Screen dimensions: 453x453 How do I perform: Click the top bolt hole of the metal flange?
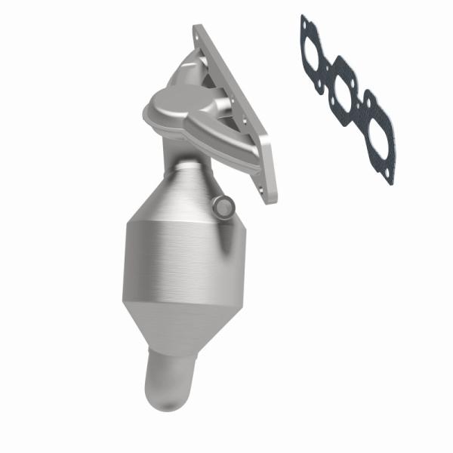tap(199, 32)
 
